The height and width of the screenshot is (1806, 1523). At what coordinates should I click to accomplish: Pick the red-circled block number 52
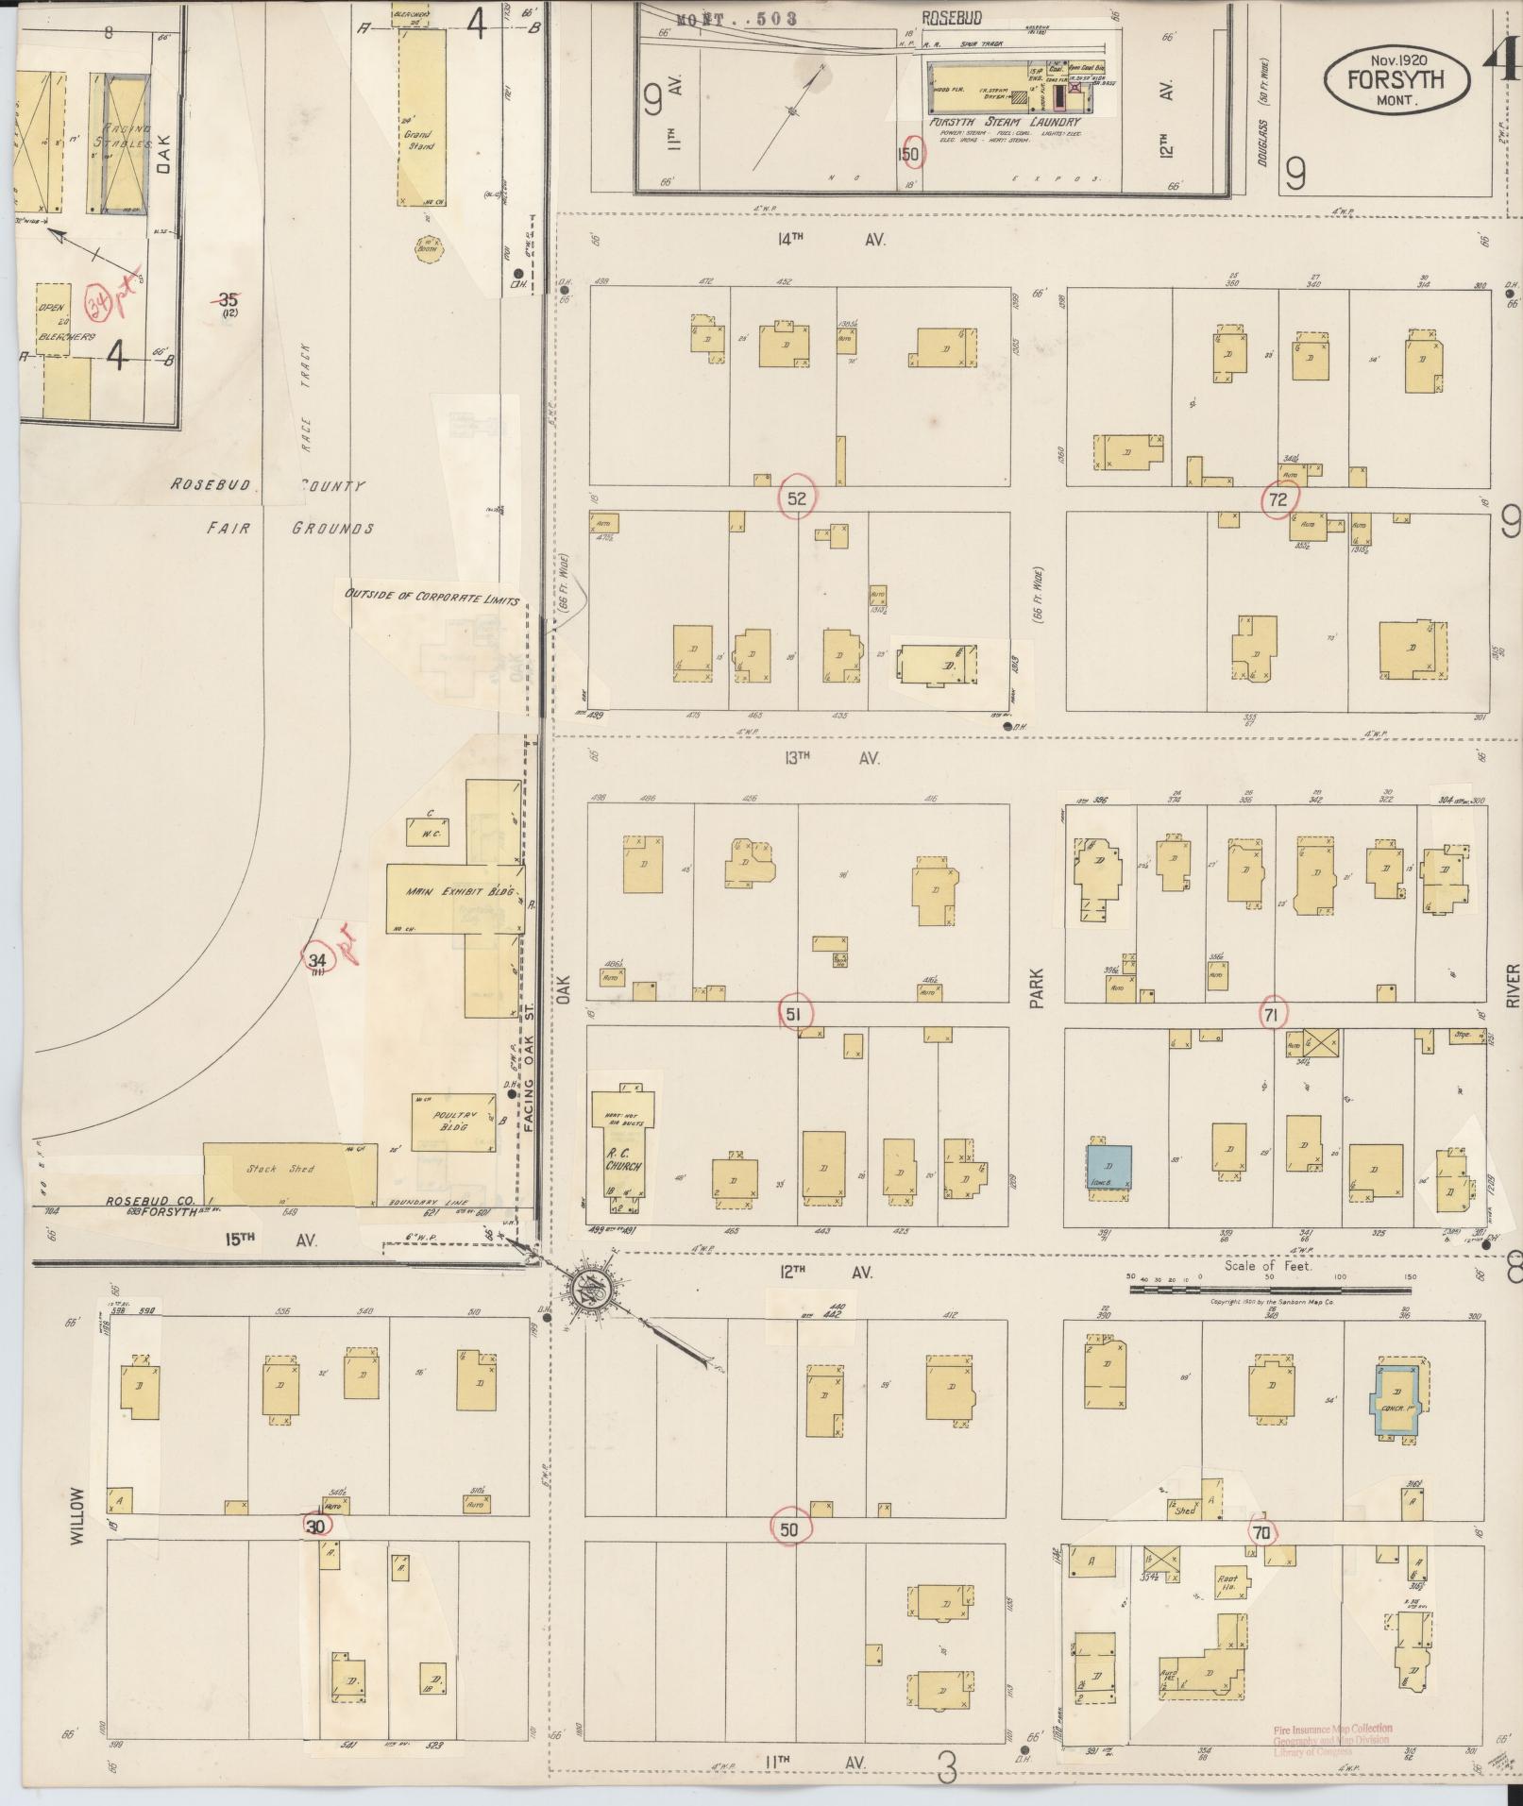(x=797, y=498)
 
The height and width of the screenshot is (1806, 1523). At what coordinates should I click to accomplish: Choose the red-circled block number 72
(x=1278, y=499)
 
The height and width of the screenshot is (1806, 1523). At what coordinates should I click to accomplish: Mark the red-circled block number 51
(x=794, y=1014)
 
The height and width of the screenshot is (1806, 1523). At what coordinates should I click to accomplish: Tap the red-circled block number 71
(x=1271, y=1014)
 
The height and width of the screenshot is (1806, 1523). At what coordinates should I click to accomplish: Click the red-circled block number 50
(x=789, y=1528)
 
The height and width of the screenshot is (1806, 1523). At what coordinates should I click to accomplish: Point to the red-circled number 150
(x=910, y=153)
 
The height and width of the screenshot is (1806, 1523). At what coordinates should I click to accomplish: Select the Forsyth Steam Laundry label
(x=1004, y=122)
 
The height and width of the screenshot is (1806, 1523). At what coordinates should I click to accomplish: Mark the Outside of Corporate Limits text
(x=432, y=597)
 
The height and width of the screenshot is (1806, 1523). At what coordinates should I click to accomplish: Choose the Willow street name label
(x=76, y=1515)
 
